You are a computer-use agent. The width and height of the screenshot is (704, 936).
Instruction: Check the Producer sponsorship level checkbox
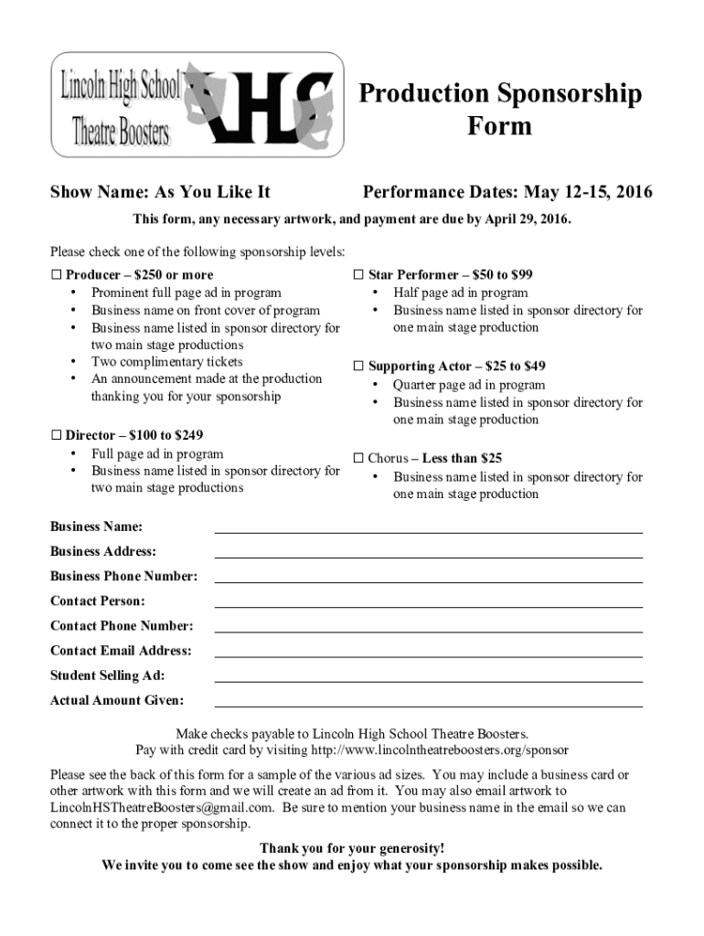(56, 275)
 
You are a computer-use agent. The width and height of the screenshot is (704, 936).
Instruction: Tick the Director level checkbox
(56, 436)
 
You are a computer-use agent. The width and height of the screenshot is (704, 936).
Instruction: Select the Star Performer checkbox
(359, 275)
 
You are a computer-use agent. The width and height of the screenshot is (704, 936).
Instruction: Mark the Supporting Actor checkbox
(359, 367)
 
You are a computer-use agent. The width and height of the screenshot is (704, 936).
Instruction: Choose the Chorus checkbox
(359, 458)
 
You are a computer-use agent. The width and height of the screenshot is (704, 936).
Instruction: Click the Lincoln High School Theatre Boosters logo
(196, 104)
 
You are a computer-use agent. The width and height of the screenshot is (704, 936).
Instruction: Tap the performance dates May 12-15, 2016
(589, 193)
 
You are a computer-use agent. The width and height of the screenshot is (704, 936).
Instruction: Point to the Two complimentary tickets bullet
(166, 362)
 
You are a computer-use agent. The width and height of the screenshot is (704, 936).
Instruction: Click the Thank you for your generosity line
(352, 848)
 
